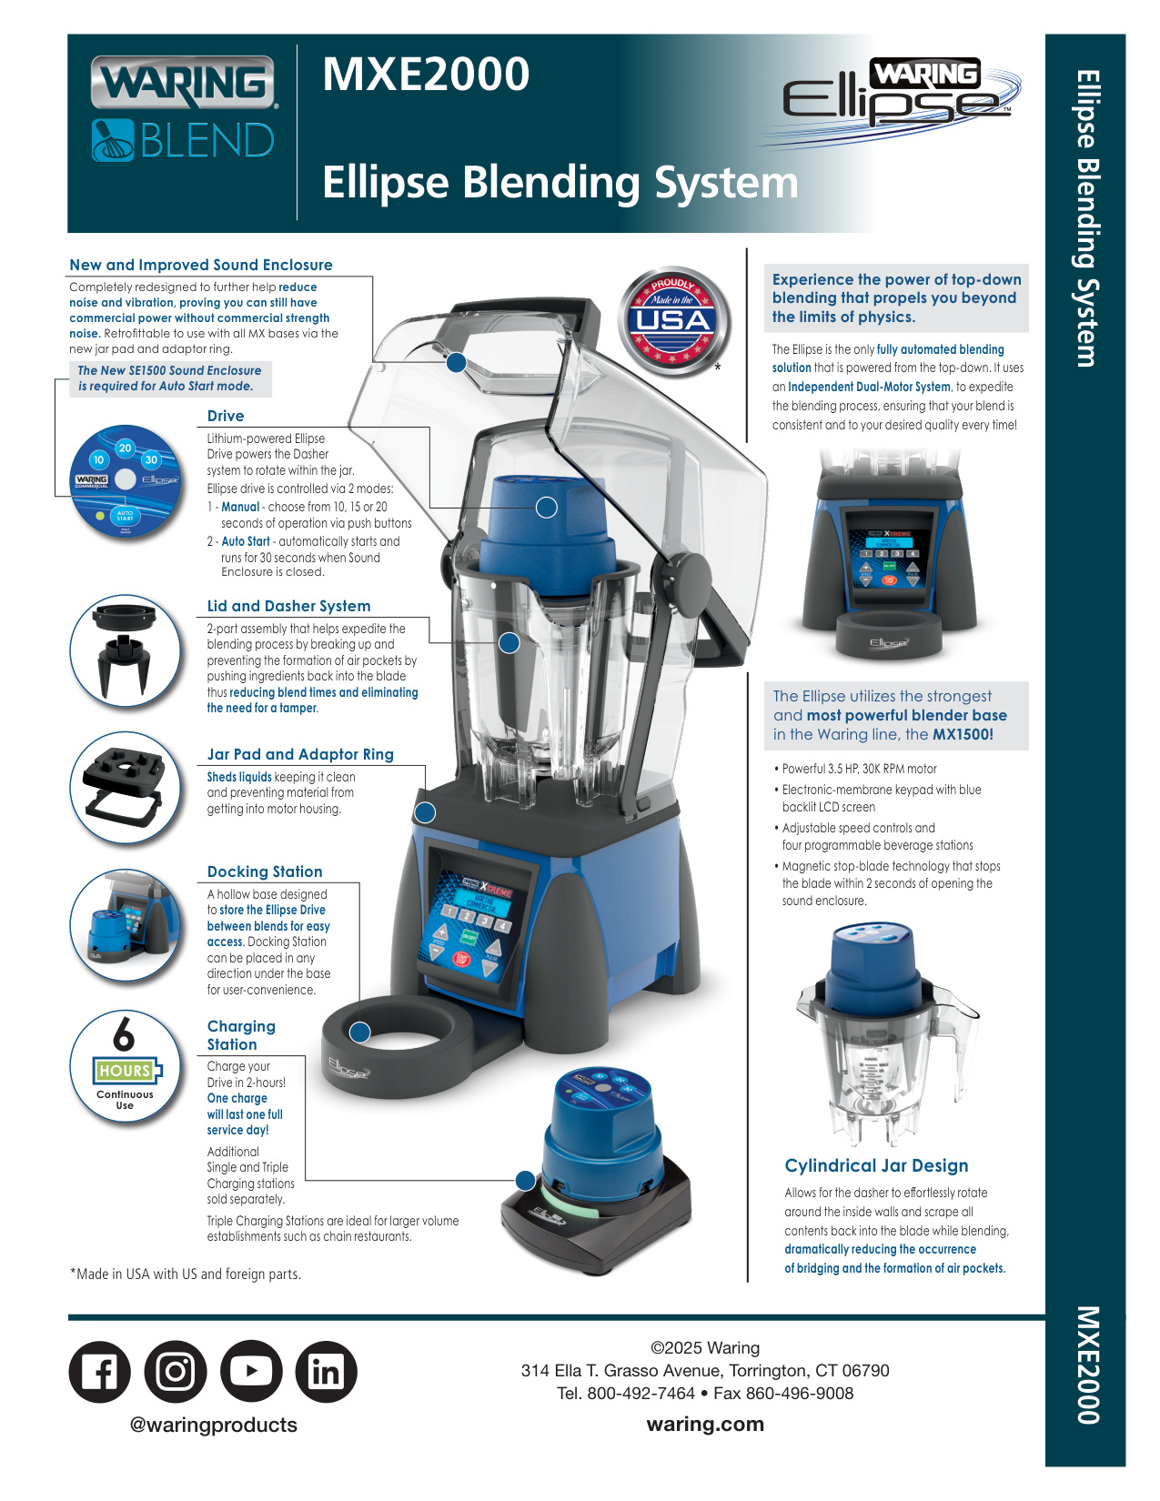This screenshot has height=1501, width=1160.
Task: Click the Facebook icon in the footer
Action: tap(99, 1371)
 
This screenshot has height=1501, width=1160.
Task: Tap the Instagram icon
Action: tap(176, 1371)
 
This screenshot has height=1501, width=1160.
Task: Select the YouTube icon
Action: tap(251, 1371)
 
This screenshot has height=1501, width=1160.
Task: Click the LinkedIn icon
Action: tap(326, 1371)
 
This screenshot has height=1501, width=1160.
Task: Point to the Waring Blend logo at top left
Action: tap(184, 110)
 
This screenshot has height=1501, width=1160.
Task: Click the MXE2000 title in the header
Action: tap(426, 75)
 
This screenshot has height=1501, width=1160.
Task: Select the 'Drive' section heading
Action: tap(226, 416)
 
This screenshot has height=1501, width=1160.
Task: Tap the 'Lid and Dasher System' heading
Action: tap(288, 606)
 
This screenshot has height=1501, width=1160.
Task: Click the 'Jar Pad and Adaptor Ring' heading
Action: tap(300, 754)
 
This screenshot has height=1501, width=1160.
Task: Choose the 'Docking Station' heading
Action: tap(265, 871)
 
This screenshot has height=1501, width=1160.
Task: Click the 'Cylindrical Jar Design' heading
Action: tap(876, 1166)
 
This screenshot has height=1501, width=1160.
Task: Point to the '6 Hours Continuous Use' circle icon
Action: tap(125, 1064)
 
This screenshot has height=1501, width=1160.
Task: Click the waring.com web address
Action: tap(705, 1424)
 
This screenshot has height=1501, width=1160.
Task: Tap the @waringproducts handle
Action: tap(214, 1425)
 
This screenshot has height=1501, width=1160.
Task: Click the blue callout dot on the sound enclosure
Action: tap(456, 363)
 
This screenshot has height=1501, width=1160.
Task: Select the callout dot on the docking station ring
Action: tap(360, 1033)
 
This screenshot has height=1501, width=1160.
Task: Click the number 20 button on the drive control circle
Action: tap(125, 448)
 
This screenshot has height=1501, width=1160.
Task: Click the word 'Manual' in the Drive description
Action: tap(240, 507)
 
